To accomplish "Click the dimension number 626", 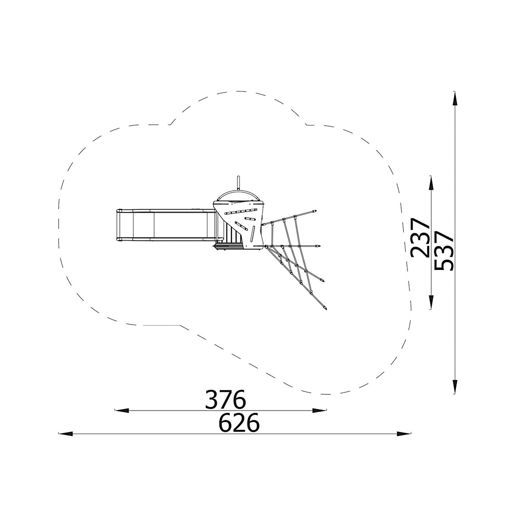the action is pyautogui.click(x=239, y=423).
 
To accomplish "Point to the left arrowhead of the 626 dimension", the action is pyautogui.click(x=66, y=433).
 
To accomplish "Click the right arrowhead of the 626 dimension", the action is pyautogui.click(x=404, y=433).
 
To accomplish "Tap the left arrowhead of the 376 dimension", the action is pyautogui.click(x=122, y=411).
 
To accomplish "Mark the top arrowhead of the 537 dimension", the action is pyautogui.click(x=454, y=99).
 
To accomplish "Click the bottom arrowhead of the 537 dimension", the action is pyautogui.click(x=454, y=386).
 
